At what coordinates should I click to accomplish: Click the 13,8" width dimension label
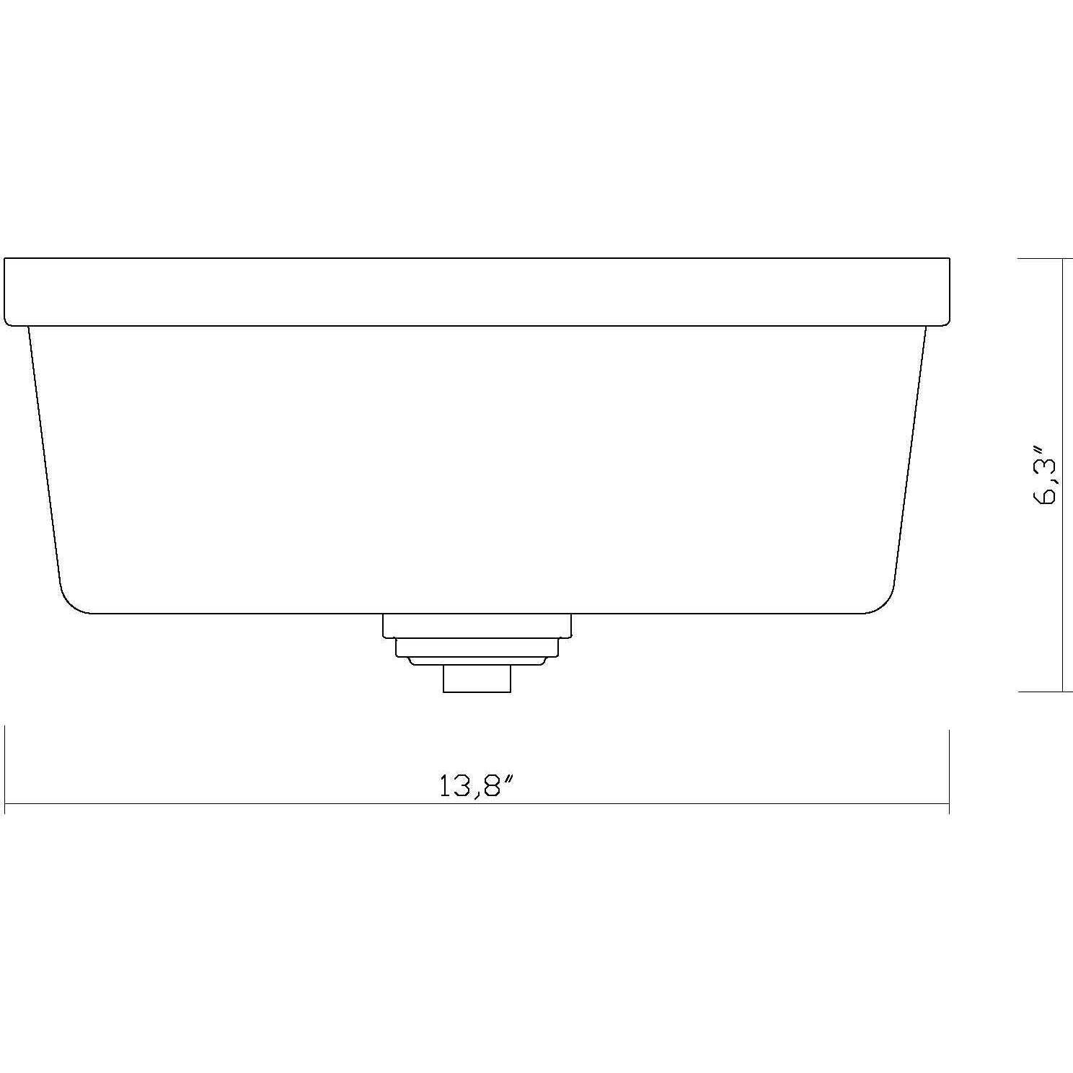pos(478,785)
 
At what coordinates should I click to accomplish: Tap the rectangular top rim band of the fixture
pos(477,291)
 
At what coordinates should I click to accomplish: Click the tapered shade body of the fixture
pos(477,469)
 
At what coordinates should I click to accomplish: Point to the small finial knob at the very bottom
pos(477,679)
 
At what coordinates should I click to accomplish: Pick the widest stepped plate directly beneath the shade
pos(477,626)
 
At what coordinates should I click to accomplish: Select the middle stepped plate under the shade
pos(477,648)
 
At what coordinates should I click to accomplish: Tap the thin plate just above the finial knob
pos(477,661)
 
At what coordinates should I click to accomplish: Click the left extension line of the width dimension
pos(5,770)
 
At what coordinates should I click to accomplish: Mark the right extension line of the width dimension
pos(949,770)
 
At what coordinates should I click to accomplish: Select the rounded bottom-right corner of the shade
pos(886,602)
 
